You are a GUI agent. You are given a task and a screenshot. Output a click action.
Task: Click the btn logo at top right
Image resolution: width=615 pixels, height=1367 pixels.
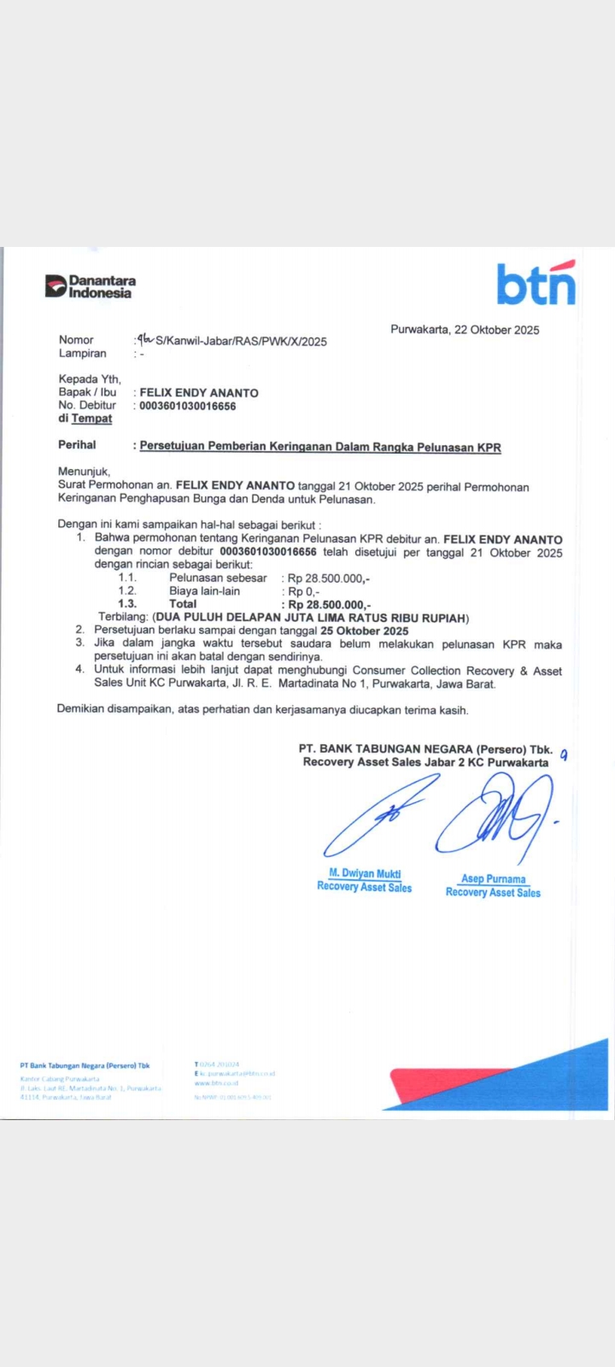coord(536,284)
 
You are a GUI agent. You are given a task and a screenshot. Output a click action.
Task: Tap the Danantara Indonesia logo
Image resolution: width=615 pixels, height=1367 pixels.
coord(91,286)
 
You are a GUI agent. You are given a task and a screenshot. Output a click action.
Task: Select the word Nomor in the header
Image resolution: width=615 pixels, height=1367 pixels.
coord(76,340)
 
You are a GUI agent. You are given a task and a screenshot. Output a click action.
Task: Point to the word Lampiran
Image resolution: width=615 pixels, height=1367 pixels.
coord(82,354)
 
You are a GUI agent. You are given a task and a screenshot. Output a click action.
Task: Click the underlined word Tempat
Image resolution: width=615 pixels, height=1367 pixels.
coord(91,419)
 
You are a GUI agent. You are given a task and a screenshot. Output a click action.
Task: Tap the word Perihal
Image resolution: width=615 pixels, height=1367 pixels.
coord(77,445)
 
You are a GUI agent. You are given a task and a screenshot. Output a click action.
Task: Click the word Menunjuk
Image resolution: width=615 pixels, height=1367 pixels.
coord(84,472)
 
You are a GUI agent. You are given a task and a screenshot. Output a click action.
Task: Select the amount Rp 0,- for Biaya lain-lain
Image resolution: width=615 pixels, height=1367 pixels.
coord(303,591)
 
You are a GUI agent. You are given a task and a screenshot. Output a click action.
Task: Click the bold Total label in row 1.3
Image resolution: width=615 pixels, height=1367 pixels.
coord(183,604)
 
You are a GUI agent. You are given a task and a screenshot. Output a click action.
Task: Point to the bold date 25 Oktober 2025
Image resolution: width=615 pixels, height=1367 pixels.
coord(365,631)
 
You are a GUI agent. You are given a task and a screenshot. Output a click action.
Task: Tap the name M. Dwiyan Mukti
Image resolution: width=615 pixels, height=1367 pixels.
coord(365,873)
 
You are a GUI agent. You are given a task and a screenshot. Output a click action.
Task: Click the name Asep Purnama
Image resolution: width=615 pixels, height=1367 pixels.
coord(494,878)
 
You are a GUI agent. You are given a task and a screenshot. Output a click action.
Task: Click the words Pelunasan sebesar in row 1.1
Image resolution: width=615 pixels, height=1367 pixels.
coord(218,578)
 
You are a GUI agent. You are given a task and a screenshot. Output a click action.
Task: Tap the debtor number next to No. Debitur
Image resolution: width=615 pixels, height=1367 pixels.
coord(188,406)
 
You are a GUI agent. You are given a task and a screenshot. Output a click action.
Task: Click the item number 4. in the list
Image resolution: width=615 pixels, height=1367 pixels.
coord(79,671)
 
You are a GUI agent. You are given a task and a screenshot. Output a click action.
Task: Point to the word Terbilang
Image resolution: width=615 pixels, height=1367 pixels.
coord(124,618)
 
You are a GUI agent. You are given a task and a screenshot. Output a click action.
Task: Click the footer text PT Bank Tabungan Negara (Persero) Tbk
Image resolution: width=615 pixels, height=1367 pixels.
coord(85,1065)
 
